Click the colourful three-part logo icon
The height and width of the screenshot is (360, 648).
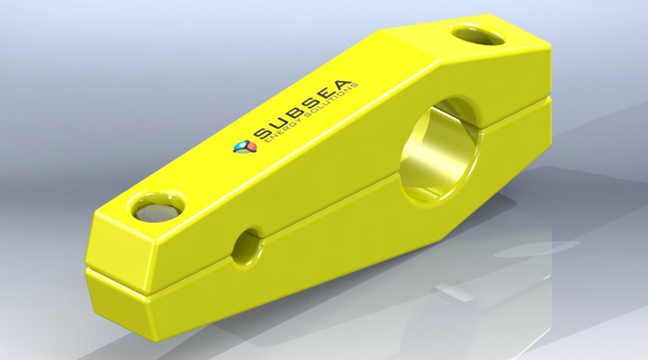(x=239, y=146)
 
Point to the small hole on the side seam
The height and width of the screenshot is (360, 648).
(x=246, y=246)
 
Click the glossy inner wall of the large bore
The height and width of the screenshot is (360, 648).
(x=450, y=162)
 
